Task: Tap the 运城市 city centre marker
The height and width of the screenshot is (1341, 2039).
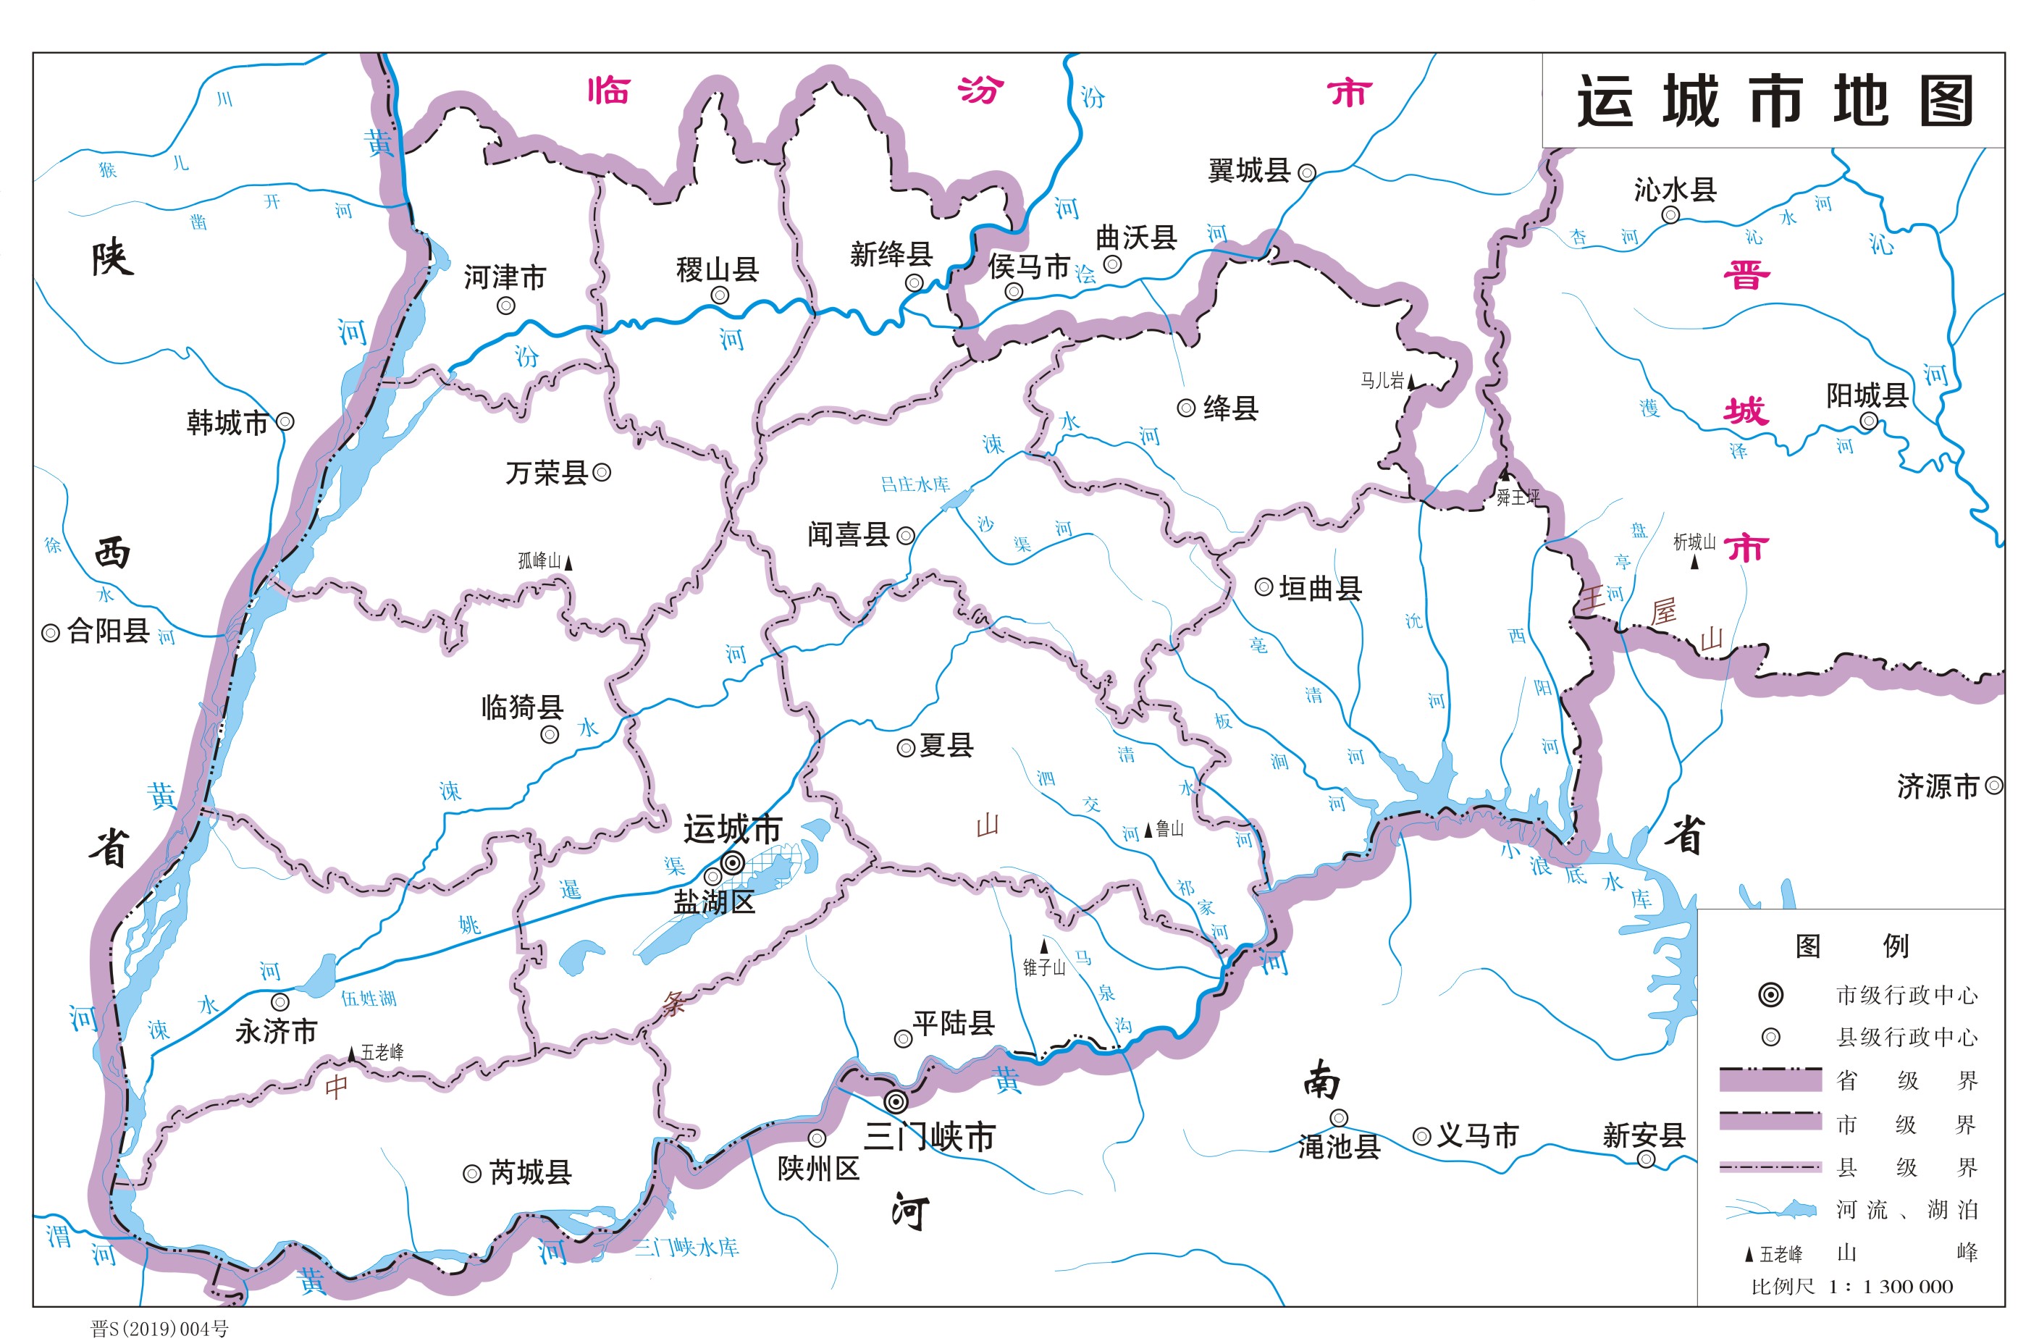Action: (x=733, y=863)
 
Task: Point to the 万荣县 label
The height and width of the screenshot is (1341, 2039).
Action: (x=546, y=472)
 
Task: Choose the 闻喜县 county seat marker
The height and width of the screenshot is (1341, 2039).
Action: (x=906, y=537)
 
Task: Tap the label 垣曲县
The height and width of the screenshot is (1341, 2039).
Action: (x=1319, y=588)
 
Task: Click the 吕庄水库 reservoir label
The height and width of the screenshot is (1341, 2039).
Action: (x=915, y=484)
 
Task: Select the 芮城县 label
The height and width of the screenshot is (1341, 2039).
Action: (x=529, y=1172)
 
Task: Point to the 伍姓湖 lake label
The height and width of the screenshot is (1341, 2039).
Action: (x=369, y=999)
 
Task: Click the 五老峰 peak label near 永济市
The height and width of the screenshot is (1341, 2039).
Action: (x=382, y=1052)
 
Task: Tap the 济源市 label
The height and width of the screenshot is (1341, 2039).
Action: (x=1938, y=786)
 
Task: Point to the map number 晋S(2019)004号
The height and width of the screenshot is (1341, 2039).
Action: (x=160, y=1328)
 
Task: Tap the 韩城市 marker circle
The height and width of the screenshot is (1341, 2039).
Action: (x=285, y=421)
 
